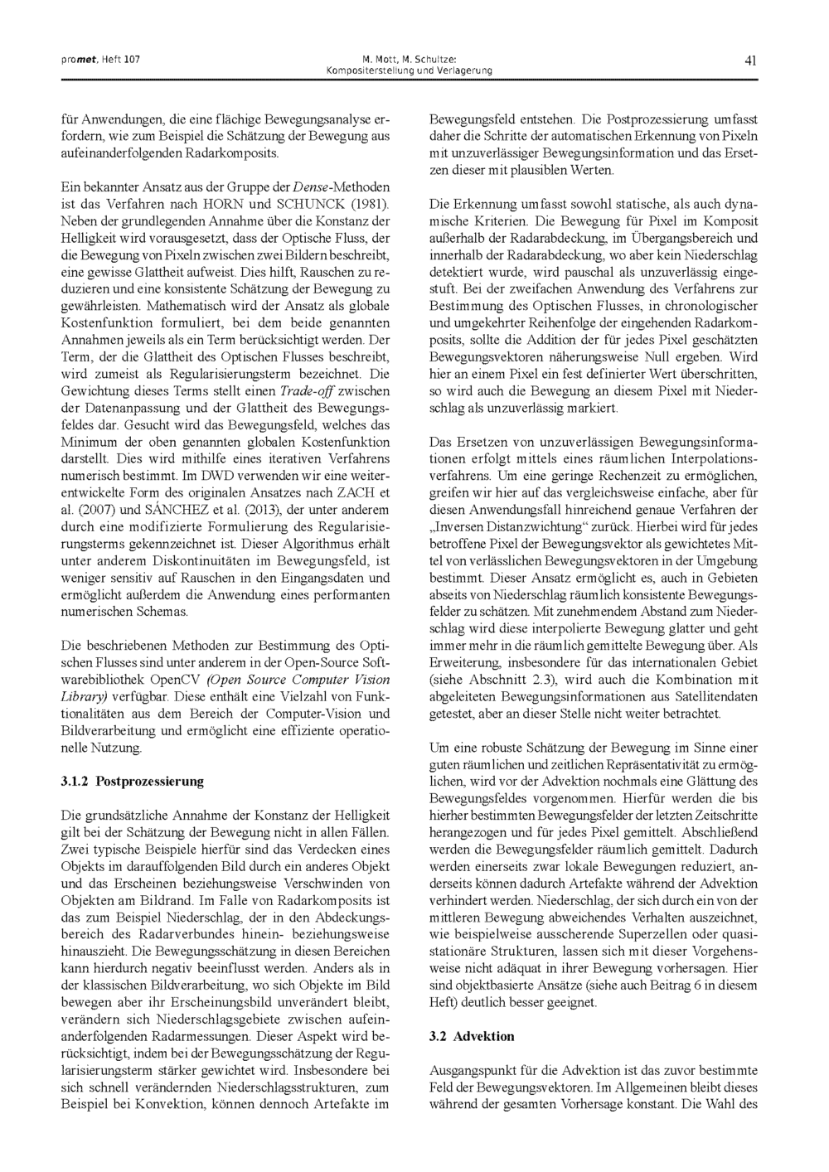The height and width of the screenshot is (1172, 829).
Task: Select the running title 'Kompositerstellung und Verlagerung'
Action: pyautogui.click(x=410, y=70)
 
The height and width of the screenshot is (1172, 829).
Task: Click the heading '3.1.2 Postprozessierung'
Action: pyautogui.click(x=133, y=781)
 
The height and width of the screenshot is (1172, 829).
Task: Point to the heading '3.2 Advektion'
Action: pyautogui.click(x=472, y=1036)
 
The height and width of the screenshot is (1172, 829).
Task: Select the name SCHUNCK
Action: pyautogui.click(x=311, y=204)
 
